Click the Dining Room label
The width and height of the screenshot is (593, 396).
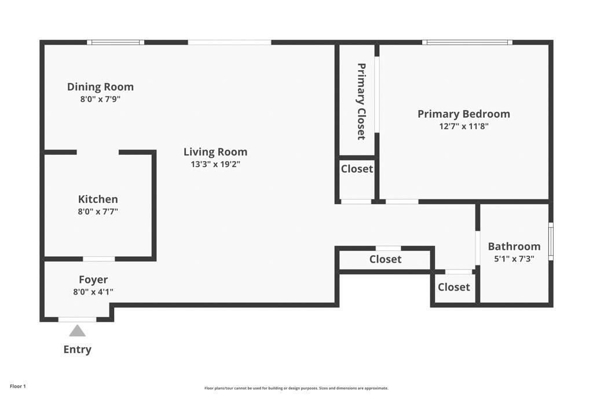click(100, 87)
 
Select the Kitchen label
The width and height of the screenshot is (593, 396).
click(98, 199)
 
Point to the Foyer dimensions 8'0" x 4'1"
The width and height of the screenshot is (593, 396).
click(93, 292)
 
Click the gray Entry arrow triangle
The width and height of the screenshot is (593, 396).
click(77, 331)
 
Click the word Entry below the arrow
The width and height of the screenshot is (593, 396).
click(77, 350)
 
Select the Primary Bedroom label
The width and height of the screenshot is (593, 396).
click(463, 114)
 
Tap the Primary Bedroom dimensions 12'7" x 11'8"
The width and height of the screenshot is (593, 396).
click(463, 126)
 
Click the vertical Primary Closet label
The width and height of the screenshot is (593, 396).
click(361, 101)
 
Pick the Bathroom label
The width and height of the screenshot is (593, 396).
click(514, 246)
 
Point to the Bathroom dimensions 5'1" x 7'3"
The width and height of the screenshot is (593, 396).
click(514, 259)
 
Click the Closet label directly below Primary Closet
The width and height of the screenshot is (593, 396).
click(357, 169)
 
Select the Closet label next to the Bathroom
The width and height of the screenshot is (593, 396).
click(453, 287)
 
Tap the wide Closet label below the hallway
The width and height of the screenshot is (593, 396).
click(385, 259)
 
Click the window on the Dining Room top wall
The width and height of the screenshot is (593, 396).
click(115, 42)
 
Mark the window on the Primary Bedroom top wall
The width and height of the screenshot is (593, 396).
click(467, 42)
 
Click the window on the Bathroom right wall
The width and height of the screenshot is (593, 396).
click(551, 241)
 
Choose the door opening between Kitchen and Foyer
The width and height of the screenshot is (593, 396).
click(98, 259)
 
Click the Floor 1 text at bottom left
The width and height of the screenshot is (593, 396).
click(18, 386)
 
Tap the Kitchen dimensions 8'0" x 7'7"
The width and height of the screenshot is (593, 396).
click(98, 212)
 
